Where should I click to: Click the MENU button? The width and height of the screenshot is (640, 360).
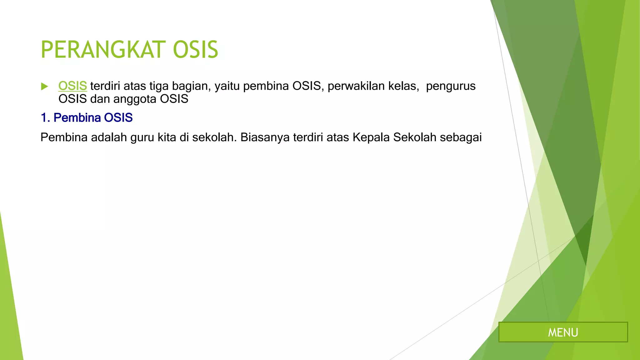coord(563,332)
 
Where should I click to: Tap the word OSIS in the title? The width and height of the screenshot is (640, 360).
coord(195,50)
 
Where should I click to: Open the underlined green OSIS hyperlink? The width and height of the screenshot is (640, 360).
coord(72,86)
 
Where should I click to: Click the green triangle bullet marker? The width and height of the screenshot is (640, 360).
coord(45,87)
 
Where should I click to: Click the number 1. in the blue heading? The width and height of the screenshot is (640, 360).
coord(45,118)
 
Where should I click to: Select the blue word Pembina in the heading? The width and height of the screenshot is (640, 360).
coord(77,118)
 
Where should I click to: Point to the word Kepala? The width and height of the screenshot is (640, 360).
coord(371,137)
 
